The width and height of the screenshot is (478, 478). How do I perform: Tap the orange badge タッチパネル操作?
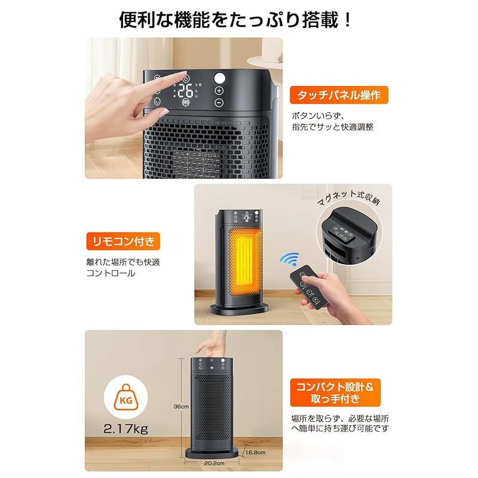339,94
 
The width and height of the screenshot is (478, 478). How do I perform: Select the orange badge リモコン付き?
122,241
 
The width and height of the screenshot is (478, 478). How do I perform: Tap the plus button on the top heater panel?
219,90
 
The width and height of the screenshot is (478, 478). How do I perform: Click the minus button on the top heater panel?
219,103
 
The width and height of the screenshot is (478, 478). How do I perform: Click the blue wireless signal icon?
291,259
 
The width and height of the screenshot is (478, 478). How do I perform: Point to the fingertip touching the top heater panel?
183,76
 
